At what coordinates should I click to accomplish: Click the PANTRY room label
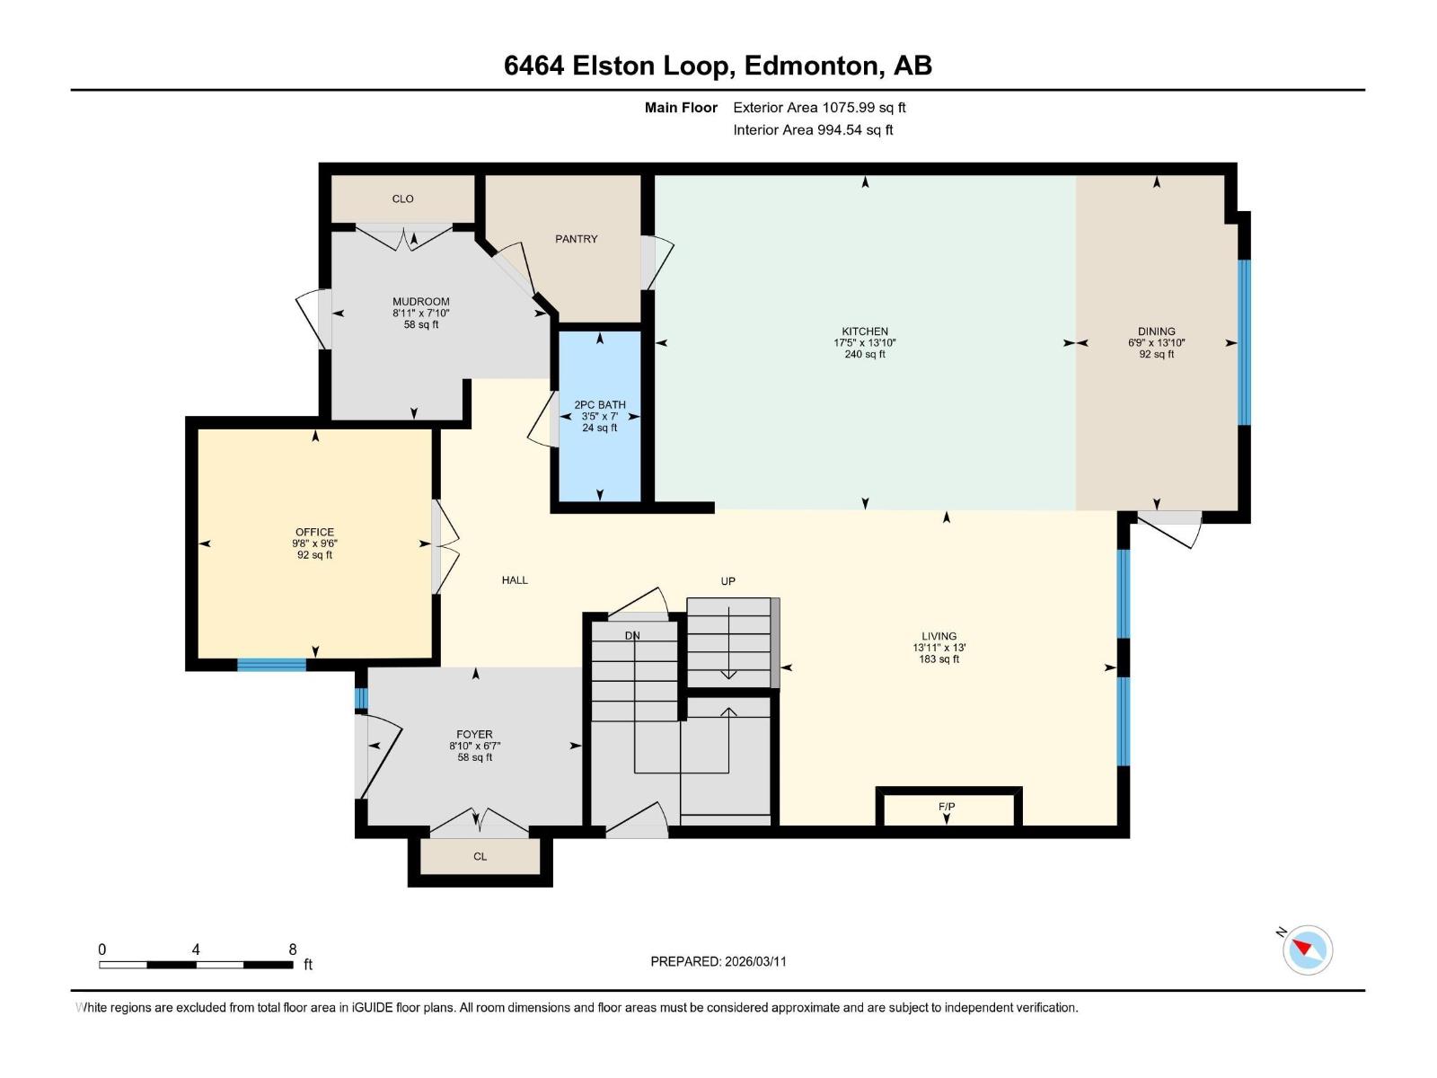point(576,239)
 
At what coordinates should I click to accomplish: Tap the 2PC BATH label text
point(600,405)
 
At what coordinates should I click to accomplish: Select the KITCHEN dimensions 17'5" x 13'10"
point(864,343)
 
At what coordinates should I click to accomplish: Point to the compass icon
point(1308,950)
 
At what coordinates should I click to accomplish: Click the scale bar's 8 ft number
point(293,950)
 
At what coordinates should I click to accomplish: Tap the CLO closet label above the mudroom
point(402,199)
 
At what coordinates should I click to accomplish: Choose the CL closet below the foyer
point(480,857)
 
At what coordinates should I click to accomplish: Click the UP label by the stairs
point(727,581)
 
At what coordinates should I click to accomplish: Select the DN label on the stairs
point(632,636)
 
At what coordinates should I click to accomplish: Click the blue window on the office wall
point(271,665)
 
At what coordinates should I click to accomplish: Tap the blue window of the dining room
point(1244,342)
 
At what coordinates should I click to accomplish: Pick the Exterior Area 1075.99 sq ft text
point(819,108)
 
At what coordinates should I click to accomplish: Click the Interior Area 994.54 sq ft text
point(813,130)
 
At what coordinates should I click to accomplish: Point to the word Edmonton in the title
point(811,66)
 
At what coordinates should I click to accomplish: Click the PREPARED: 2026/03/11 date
point(718,961)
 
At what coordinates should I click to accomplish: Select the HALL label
point(515,580)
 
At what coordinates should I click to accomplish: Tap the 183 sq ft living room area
point(939,659)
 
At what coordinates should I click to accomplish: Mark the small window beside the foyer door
point(361,698)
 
